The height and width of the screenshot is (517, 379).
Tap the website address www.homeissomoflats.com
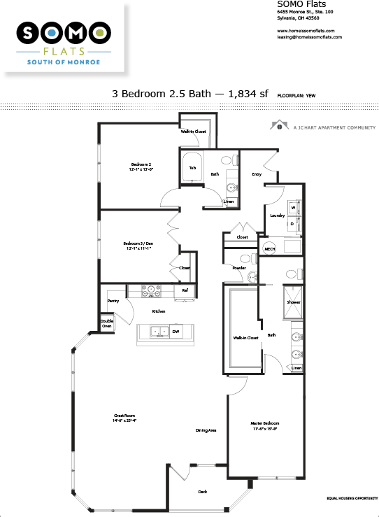[x=306, y=31]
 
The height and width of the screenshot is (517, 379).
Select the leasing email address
[x=309, y=37]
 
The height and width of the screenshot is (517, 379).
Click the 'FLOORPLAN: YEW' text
[x=296, y=93]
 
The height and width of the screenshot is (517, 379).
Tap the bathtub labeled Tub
[x=192, y=169]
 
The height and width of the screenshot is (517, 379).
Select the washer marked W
[x=294, y=208]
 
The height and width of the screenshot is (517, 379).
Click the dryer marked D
[x=294, y=224]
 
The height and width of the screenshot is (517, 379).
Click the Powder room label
[x=238, y=268]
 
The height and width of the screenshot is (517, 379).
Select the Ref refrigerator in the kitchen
[x=185, y=290]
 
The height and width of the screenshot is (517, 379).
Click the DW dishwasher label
[x=176, y=332]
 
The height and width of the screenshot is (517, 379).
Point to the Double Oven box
[x=106, y=324]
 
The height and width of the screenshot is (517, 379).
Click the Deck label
[x=202, y=492]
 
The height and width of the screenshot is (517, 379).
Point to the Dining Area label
[x=206, y=430]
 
